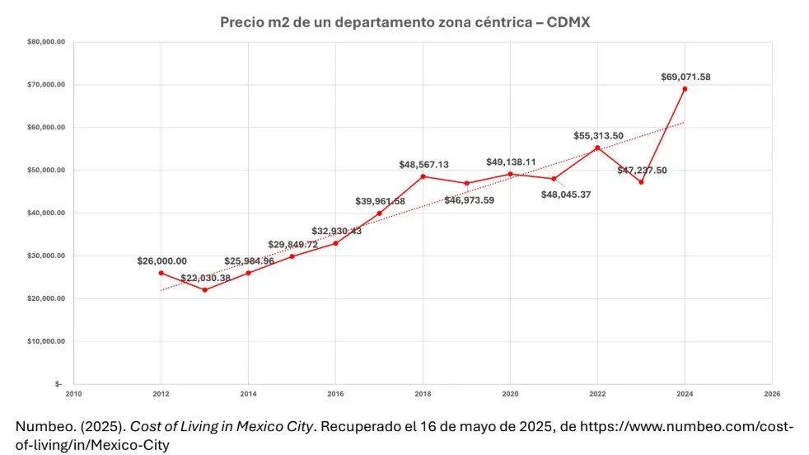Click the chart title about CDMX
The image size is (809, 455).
[x=404, y=22]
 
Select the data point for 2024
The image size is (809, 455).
[x=685, y=89]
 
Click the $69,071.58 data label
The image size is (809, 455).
[x=685, y=77]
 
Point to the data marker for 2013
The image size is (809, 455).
[x=204, y=289]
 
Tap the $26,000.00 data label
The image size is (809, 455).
[x=161, y=260]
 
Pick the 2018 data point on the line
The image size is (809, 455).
[x=423, y=176]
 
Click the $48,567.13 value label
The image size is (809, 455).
[x=423, y=164]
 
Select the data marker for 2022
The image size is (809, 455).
[x=597, y=148]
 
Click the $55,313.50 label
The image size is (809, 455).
[x=598, y=135]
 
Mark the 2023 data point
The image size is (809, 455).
[x=641, y=182]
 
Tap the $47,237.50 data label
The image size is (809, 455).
[x=642, y=170]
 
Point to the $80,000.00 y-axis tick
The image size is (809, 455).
[x=46, y=42]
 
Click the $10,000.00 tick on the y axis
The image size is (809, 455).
[x=46, y=341]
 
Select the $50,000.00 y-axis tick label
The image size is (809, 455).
[x=46, y=171]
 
